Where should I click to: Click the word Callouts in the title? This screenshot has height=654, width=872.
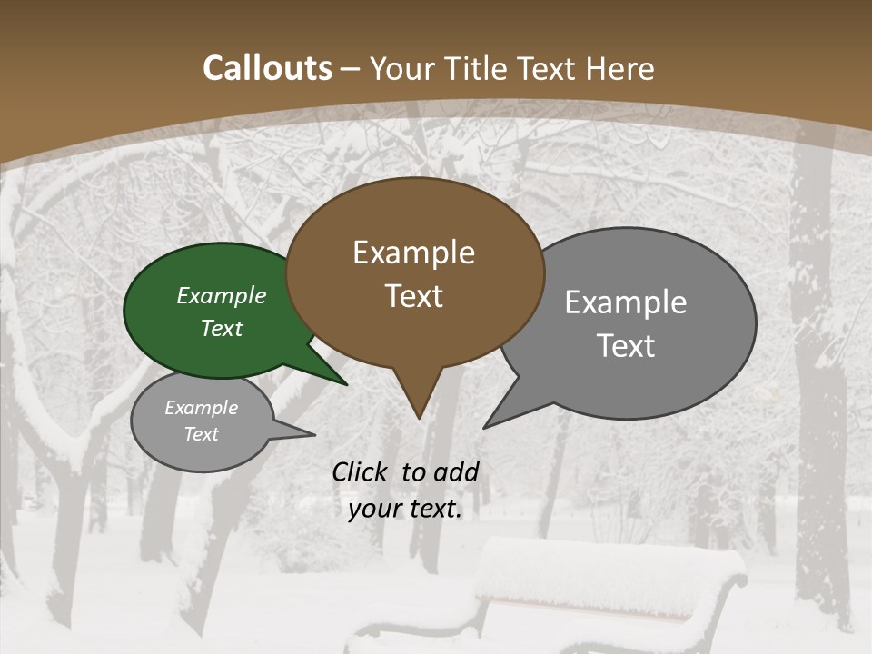pos(267,68)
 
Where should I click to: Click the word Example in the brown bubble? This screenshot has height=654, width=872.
pos(413,253)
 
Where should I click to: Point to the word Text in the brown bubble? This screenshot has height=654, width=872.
pos(413,296)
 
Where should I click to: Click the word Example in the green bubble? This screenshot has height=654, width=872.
pos(222,295)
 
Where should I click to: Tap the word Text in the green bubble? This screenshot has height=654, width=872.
pos(222,328)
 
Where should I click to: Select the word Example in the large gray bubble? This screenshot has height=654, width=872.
pos(626,302)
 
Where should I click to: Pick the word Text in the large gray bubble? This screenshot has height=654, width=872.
pos(626,345)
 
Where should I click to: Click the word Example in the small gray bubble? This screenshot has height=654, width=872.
pos(202,408)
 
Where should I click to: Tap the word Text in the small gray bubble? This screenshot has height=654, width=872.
pos(202,434)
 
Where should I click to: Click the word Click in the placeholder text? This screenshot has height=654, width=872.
pos(362,471)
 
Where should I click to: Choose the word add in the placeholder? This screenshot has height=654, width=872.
pos(456,471)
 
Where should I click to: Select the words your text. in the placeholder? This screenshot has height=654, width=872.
pos(405,509)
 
